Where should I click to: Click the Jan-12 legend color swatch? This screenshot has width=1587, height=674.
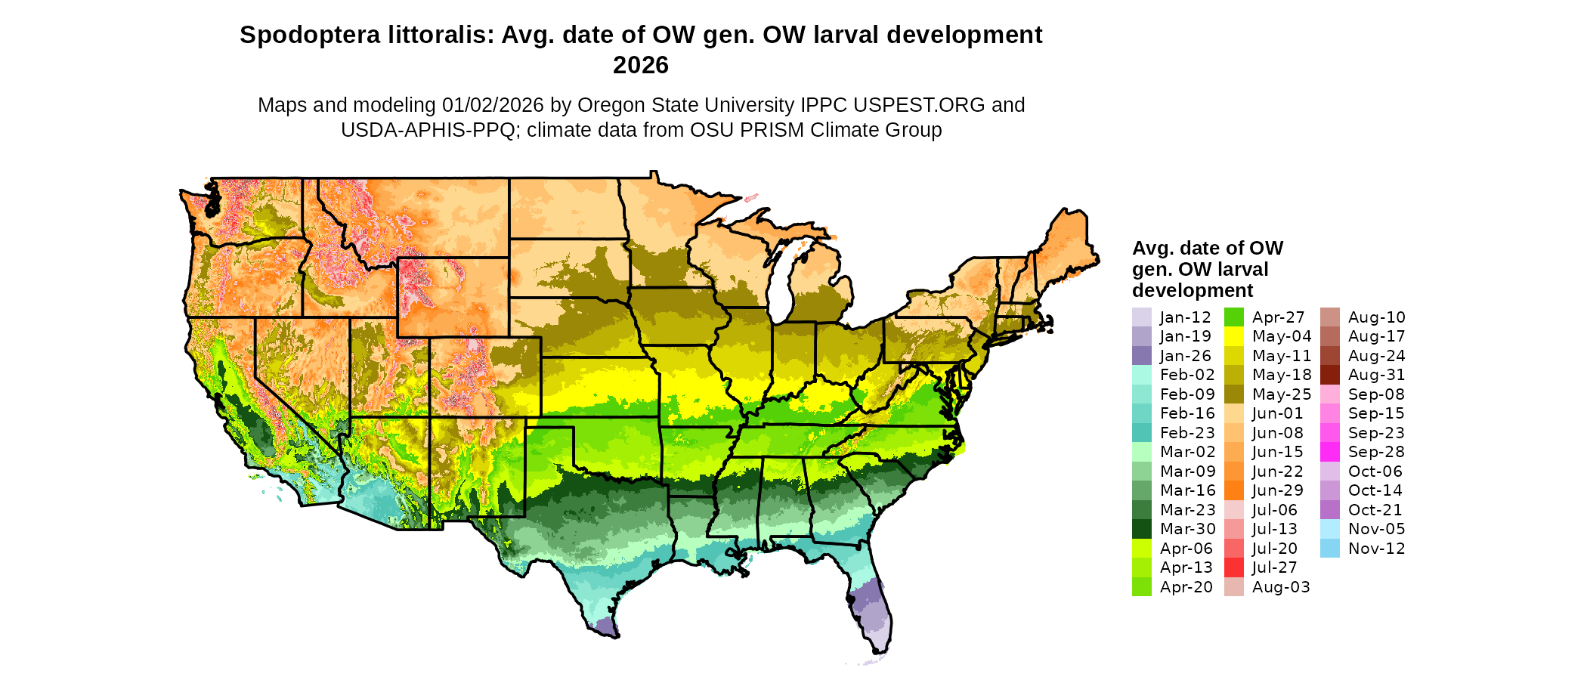[1141, 317]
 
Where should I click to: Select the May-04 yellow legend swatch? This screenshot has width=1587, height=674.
[1233, 336]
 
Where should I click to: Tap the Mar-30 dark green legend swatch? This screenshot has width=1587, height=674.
[1141, 529]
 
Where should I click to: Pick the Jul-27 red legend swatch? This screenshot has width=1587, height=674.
[1233, 567]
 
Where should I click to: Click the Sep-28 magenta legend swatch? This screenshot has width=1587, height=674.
[1329, 452]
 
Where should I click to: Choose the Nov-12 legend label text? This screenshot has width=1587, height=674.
[1376, 549]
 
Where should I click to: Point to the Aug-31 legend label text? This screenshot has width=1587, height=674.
[1376, 375]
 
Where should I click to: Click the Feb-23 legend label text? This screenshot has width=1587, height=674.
[1187, 433]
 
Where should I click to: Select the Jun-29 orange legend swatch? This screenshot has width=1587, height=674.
[1233, 490]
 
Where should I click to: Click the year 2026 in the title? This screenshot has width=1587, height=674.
[640, 66]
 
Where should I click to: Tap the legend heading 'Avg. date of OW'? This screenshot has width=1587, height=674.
[1207, 249]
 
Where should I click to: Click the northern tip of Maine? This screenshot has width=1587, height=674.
[1066, 209]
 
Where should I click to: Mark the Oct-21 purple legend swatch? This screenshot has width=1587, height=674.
[1329, 510]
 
